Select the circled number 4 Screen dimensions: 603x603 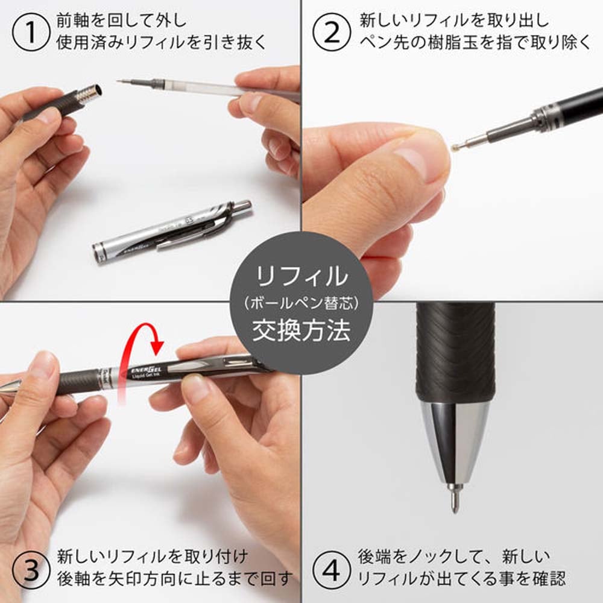(x=331, y=567)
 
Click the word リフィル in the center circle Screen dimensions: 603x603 (x=301, y=277)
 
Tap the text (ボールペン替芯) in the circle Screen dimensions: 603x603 (x=301, y=305)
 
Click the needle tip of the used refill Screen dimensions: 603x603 (x=121, y=81)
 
